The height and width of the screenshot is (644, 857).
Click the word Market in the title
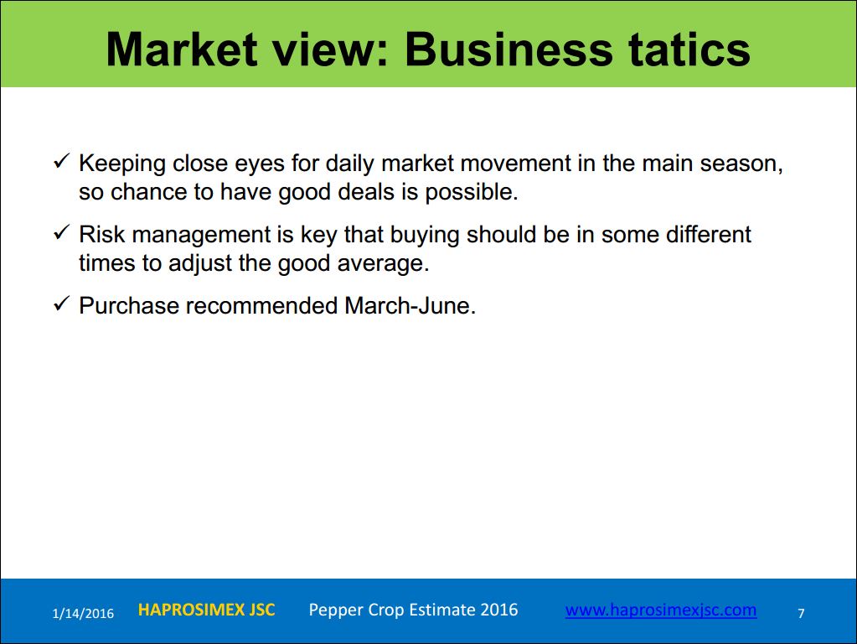(x=182, y=49)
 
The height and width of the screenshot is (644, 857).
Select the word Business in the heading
(x=509, y=49)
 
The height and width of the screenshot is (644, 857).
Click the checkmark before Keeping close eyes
(x=61, y=161)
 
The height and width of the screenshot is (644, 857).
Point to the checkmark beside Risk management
(x=61, y=232)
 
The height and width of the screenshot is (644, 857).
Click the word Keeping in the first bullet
(x=122, y=164)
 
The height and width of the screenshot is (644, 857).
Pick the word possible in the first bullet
(x=471, y=193)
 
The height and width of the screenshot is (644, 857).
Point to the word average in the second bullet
(x=383, y=264)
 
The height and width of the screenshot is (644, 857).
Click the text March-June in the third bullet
(x=410, y=305)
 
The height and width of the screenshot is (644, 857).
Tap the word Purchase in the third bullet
(x=129, y=305)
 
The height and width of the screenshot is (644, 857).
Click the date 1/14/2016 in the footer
(x=83, y=613)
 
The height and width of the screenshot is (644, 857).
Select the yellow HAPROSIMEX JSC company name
(x=207, y=610)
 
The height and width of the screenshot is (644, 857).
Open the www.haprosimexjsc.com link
(x=661, y=610)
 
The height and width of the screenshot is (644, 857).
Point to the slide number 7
(x=801, y=613)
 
